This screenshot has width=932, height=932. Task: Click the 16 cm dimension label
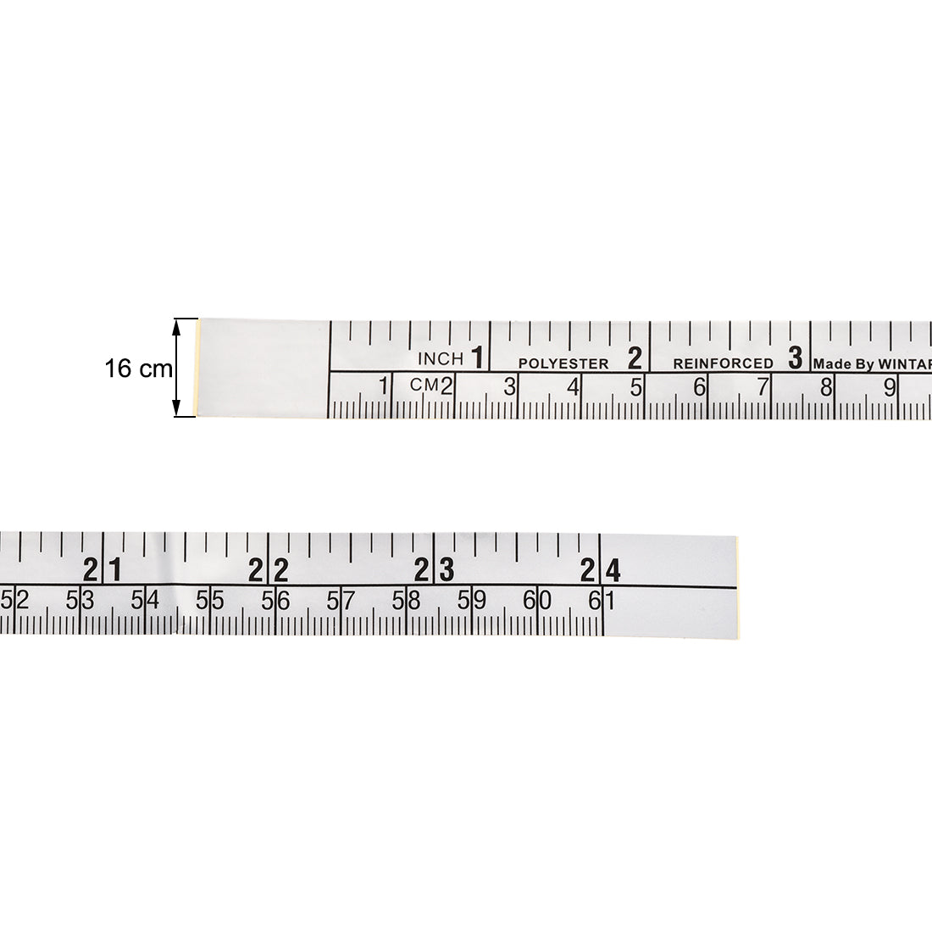coord(138,369)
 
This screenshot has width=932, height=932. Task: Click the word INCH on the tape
coord(440,359)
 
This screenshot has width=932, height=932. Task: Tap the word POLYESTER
coord(563,363)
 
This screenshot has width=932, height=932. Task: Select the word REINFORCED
coord(723,363)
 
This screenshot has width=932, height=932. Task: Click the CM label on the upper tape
coord(424,385)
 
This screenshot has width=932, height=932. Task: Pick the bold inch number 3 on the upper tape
coord(795,358)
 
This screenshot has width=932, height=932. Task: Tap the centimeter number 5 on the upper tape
coord(636,387)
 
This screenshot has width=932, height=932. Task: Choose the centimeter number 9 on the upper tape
coord(890,387)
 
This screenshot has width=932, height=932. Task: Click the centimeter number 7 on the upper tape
coord(763,387)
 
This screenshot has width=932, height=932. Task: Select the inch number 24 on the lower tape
coord(601,570)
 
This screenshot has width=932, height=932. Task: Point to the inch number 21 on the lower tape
coord(103,570)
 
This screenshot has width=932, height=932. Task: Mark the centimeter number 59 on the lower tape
coord(471,601)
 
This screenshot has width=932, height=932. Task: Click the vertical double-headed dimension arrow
coord(178,368)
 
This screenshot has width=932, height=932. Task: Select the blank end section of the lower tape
coord(669,585)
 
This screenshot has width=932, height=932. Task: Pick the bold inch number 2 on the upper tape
coord(635,358)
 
